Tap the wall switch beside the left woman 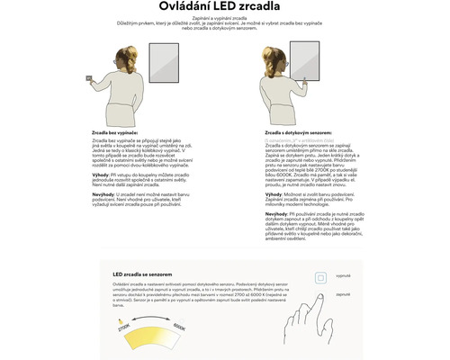click(x=88, y=77)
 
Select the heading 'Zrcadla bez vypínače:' click(x=112, y=132)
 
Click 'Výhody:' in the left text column click(x=101, y=174)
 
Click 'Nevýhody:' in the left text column click(x=103, y=193)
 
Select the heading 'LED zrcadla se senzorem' click(x=142, y=273)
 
